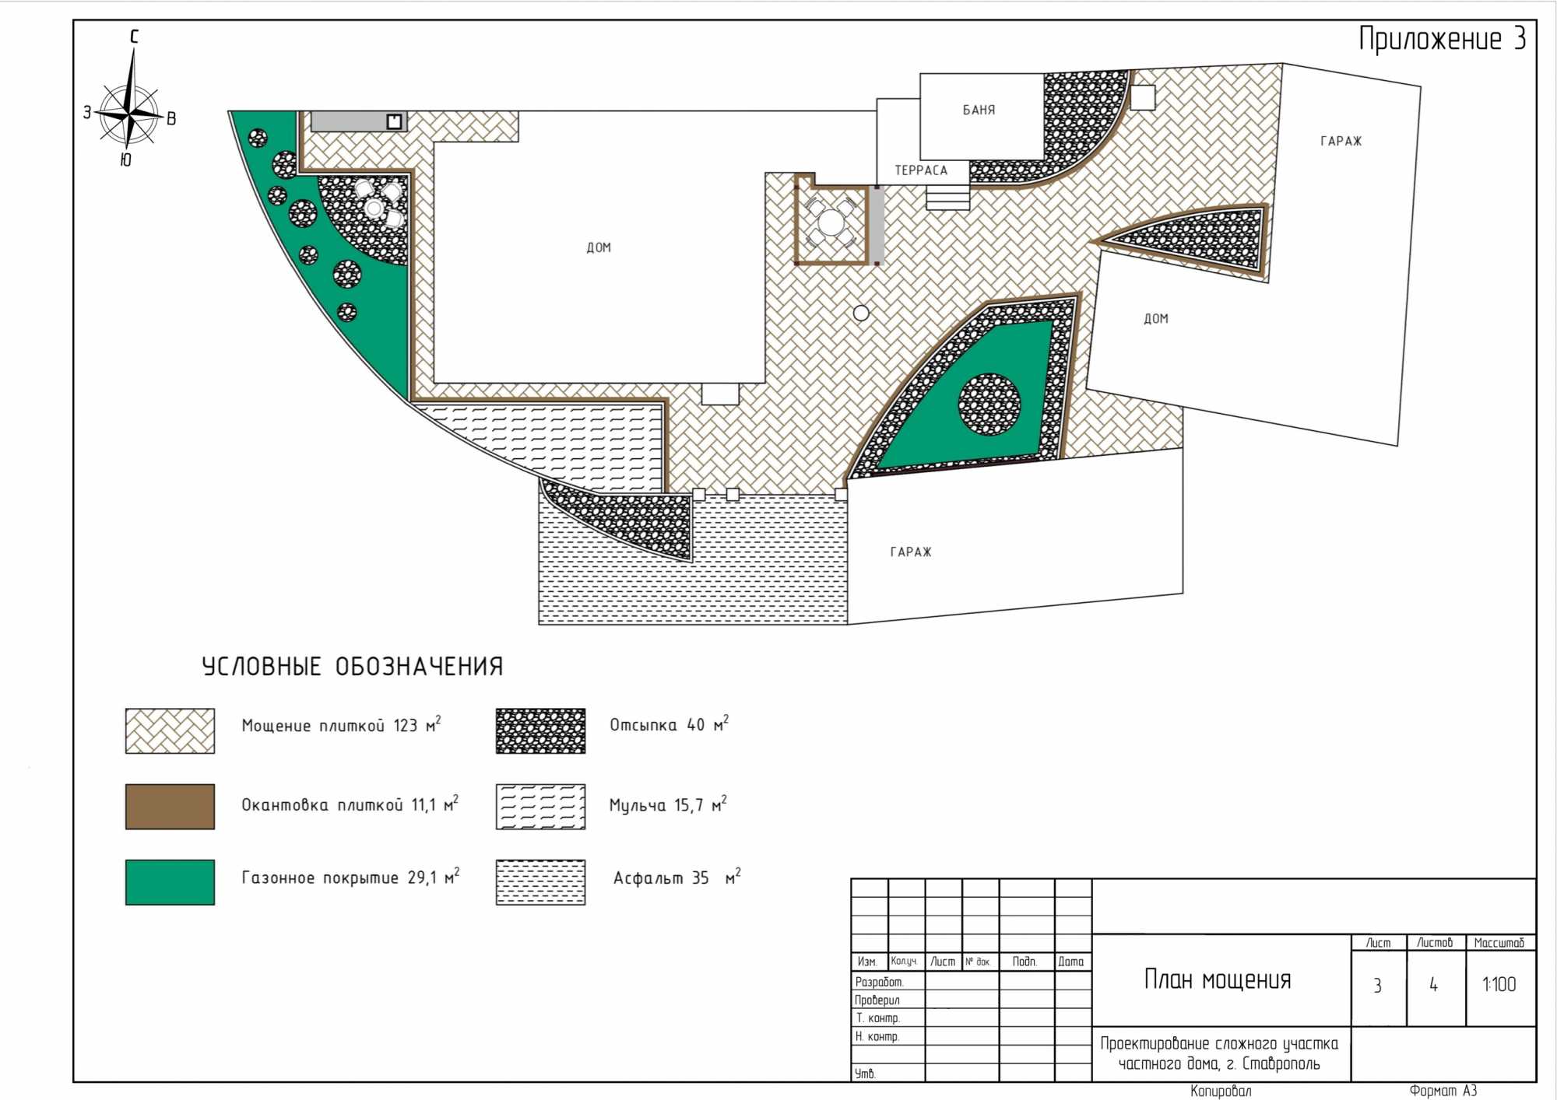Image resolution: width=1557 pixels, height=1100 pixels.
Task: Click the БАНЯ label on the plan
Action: (979, 110)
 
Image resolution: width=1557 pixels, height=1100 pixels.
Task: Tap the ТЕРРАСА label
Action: (921, 170)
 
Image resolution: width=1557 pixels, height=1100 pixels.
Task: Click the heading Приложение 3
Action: (1442, 39)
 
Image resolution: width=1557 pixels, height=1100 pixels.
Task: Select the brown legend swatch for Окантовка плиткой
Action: (170, 806)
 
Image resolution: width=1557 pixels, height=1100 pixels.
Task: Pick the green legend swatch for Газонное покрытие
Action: (170, 881)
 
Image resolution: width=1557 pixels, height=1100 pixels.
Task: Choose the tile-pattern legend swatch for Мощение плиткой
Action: (170, 730)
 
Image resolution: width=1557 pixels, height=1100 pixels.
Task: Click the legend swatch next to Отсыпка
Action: (540, 730)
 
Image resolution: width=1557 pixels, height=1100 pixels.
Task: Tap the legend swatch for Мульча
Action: (540, 806)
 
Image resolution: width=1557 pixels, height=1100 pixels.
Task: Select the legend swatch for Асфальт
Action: (540, 881)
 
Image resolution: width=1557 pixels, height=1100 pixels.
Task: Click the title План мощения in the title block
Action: (1218, 979)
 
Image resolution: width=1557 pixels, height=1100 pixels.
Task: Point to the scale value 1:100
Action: (1499, 984)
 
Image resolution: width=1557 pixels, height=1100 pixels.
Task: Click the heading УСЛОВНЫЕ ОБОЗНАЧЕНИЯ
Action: (352, 666)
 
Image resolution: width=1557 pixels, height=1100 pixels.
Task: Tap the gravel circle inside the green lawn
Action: (989, 405)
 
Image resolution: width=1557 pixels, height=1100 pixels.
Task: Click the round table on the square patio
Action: (831, 223)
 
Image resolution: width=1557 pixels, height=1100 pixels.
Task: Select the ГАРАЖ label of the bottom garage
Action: (911, 552)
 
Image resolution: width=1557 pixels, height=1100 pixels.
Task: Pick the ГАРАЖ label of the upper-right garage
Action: (1341, 141)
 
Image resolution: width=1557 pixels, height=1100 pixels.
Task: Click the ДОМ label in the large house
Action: (599, 247)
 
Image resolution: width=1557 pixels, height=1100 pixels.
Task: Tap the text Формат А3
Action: (1443, 1091)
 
